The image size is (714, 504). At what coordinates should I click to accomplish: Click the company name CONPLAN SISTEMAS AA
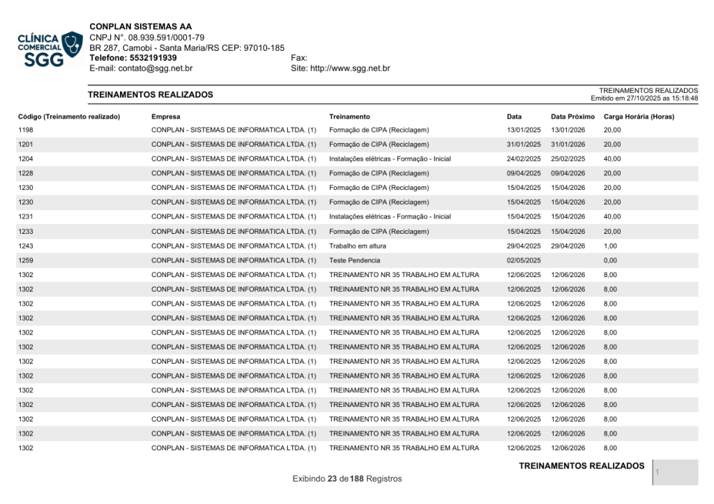coord(140,27)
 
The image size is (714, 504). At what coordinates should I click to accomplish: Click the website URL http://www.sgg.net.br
coord(349,68)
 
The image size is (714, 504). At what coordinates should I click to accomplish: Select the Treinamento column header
coord(349,117)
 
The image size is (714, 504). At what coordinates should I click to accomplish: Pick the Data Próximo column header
coord(572,117)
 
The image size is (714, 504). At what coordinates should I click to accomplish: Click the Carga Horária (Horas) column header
coord(639,117)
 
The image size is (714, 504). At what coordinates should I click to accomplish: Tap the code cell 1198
coord(26,130)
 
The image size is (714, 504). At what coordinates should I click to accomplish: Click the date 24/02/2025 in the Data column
coord(524,159)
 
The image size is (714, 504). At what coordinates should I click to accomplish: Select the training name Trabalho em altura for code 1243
coord(358,246)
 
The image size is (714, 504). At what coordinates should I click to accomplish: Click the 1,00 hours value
coord(610,246)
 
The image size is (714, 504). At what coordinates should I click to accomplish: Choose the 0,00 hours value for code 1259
coord(610,260)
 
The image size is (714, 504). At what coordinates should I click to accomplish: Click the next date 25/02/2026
coord(568,159)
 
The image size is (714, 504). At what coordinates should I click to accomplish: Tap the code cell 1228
coord(26,173)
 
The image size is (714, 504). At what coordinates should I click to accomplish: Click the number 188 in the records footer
coord(357,479)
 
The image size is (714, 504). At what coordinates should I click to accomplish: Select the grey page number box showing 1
coord(676,473)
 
